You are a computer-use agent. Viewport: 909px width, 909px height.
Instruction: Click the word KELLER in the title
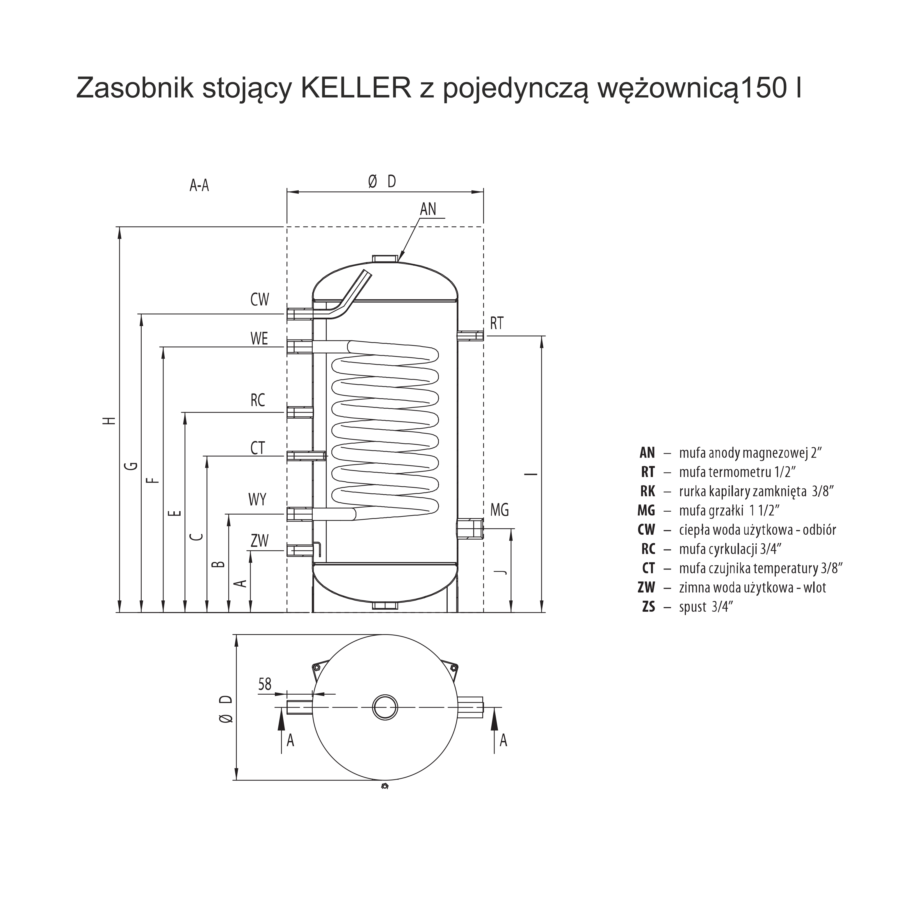pyautogui.click(x=356, y=88)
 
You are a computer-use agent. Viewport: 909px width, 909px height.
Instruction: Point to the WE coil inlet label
pyautogui.click(x=259, y=338)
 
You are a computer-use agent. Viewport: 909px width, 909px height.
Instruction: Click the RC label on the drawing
pyautogui.click(x=258, y=400)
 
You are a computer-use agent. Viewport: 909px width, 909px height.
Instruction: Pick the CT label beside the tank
pyautogui.click(x=258, y=448)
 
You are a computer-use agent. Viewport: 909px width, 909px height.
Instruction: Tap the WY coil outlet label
pyautogui.click(x=257, y=499)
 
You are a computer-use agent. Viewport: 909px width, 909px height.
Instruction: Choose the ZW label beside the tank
pyautogui.click(x=259, y=541)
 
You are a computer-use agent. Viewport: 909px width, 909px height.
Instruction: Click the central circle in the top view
pyautogui.click(x=385, y=707)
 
